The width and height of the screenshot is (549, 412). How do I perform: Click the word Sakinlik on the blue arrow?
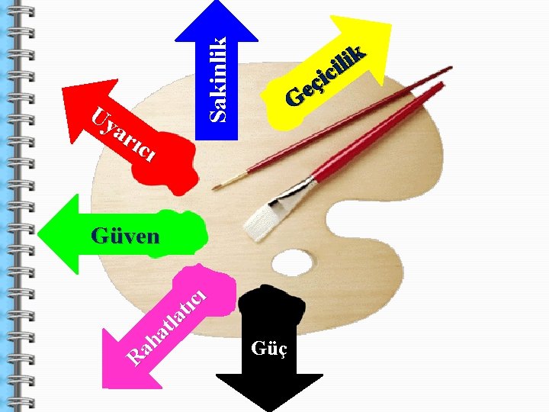pyautogui.click(x=219, y=79)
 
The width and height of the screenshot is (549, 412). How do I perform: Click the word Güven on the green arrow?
pyautogui.click(x=125, y=235)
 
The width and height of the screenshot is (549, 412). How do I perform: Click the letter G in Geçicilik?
pyautogui.click(x=293, y=97)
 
